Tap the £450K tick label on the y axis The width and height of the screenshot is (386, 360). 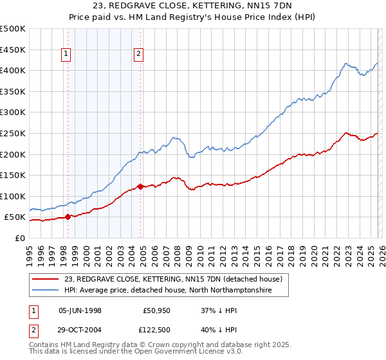coord(13,50)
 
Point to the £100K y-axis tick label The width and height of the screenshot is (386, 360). coord(13,196)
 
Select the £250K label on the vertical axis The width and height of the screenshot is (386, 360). coord(13,133)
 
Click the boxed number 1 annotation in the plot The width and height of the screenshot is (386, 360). coord(66,55)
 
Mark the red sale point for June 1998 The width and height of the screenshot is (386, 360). coord(68,217)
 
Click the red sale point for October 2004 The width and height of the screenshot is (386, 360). coord(141,187)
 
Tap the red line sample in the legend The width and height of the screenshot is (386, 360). coord(46,279)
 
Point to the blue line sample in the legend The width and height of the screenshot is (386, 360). coord(46,291)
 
